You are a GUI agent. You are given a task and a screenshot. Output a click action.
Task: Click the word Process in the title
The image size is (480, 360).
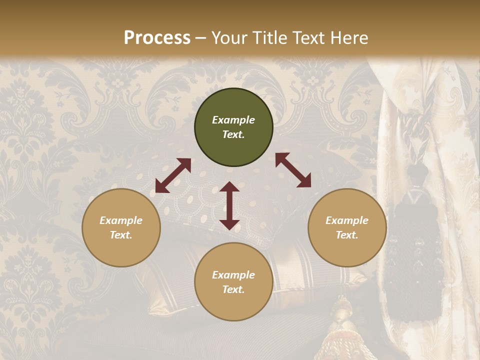pos(157,38)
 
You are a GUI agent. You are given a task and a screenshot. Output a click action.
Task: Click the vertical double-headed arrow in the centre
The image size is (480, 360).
pos(229,205)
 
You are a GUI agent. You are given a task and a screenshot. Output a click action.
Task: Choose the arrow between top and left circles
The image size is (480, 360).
pos(173,175)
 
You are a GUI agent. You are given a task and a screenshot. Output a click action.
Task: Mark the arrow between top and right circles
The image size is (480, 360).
pos(293,170)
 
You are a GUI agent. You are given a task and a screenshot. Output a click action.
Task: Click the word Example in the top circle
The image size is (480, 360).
pos(233,120)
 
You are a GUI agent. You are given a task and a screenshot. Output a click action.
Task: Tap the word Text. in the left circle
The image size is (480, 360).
pos(121,235)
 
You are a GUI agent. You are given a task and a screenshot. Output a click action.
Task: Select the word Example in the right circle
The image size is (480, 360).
pos(347,220)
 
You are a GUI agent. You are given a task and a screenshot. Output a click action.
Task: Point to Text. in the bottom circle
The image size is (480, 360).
pos(233,289)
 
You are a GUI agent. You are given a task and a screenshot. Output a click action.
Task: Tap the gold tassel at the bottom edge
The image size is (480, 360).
pos(341,335)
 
